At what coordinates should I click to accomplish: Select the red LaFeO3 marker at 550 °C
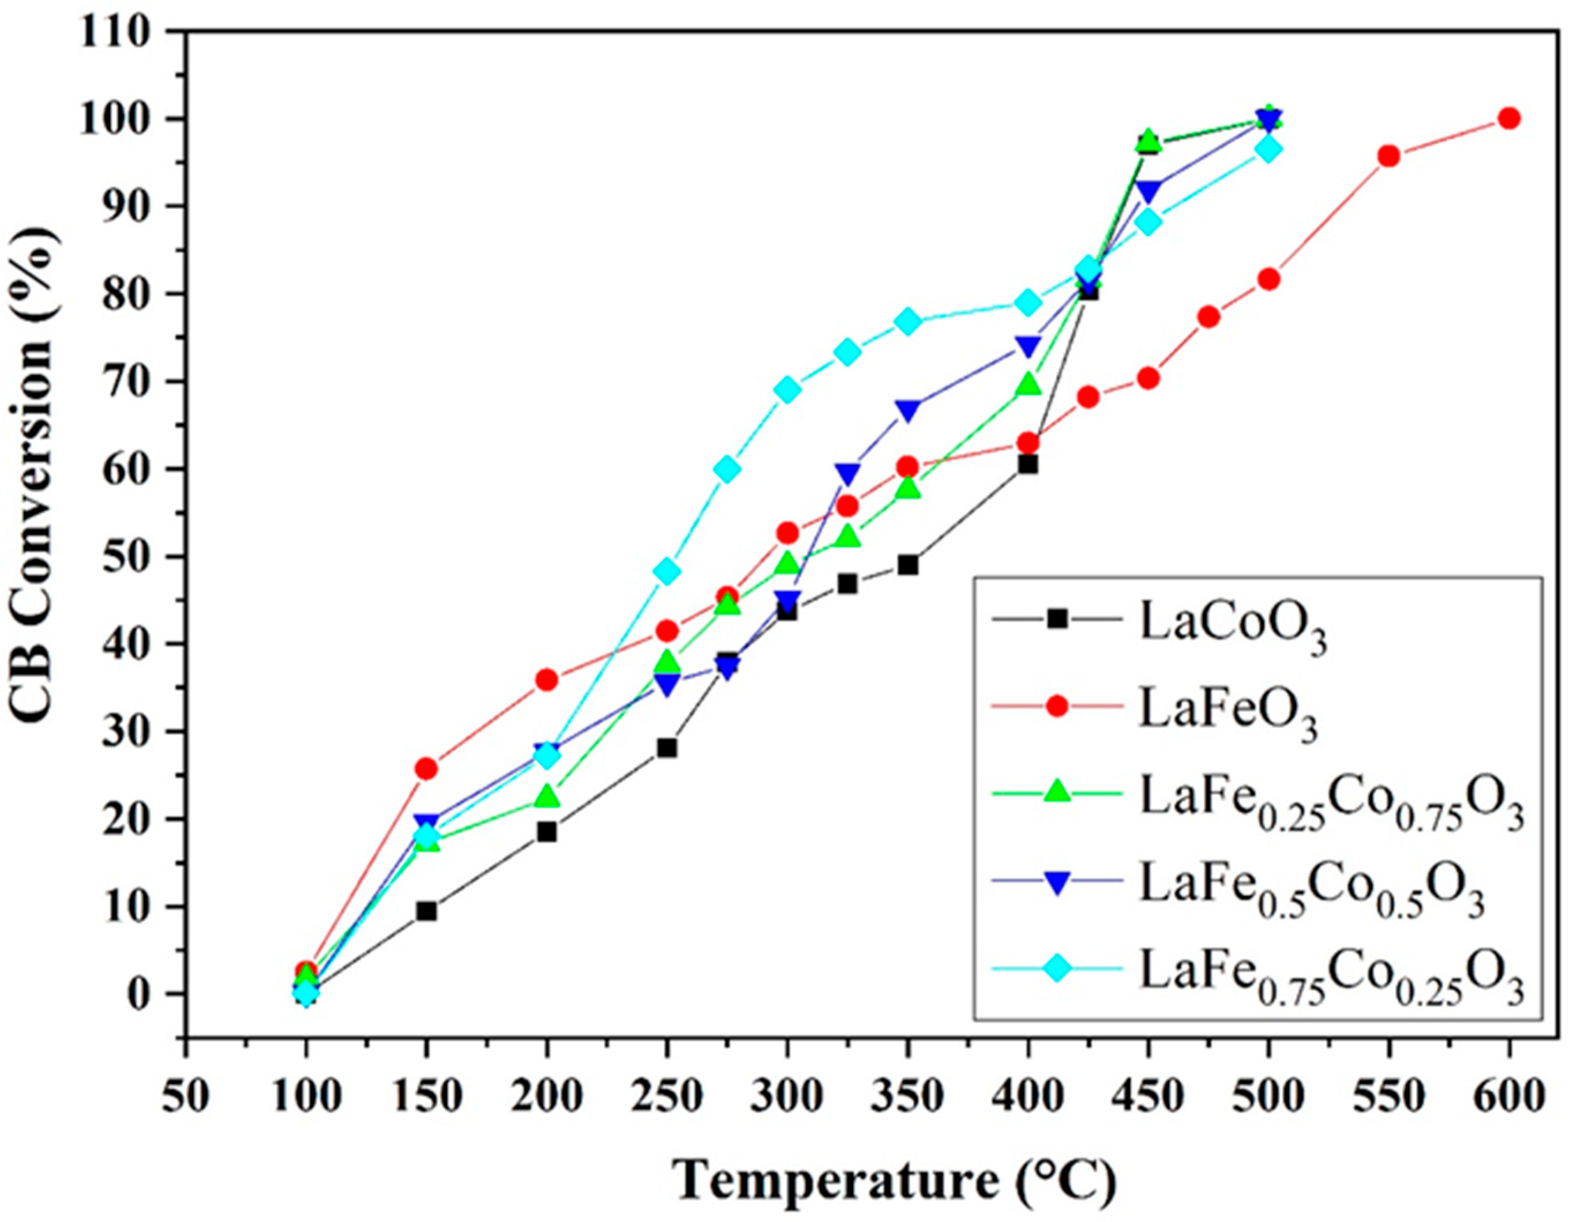click(1388, 156)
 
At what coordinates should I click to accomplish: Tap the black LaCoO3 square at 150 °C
click(426, 911)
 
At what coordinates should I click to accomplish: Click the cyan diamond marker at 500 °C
click(1268, 149)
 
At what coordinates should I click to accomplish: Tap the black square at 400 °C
click(1027, 465)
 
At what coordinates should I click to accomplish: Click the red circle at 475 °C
click(1208, 316)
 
